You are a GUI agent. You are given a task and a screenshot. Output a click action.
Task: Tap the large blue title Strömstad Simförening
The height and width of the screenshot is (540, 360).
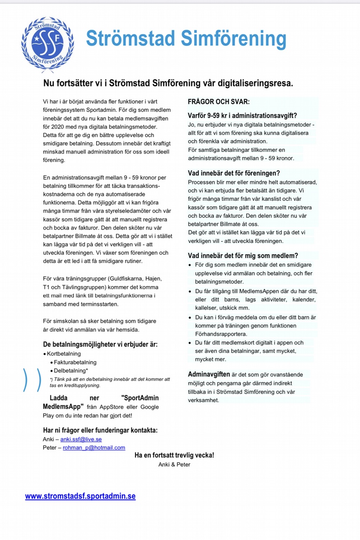point(186,39)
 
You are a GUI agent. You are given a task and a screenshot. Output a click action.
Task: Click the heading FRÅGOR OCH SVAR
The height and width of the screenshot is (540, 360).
point(219,102)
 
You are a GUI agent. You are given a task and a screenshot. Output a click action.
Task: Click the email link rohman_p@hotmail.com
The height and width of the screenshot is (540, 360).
point(94,448)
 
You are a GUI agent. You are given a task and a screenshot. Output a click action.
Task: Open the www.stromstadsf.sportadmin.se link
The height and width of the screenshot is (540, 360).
point(80,496)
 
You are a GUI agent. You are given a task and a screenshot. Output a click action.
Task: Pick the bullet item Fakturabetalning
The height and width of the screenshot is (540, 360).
point(75,362)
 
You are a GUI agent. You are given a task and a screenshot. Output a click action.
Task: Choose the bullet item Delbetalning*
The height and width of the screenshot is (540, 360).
point(71,370)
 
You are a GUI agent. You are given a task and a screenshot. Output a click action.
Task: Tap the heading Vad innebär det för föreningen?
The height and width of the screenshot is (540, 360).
point(234,173)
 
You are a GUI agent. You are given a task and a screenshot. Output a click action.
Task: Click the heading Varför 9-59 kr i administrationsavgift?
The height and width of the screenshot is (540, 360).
point(242,116)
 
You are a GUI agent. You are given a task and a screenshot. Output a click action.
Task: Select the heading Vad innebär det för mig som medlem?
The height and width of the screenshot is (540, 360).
point(243,256)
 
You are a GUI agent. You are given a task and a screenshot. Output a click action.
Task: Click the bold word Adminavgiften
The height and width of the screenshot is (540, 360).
point(209,374)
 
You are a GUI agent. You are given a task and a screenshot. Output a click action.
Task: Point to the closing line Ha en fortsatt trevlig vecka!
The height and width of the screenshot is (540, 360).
point(174,456)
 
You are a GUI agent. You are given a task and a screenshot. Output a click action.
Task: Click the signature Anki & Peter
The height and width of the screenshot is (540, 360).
point(174,464)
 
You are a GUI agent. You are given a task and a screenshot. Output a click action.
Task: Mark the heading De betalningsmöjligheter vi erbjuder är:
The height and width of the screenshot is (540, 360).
point(100,344)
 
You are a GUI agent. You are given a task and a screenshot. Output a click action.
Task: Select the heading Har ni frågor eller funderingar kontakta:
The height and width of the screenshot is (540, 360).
point(100,430)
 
